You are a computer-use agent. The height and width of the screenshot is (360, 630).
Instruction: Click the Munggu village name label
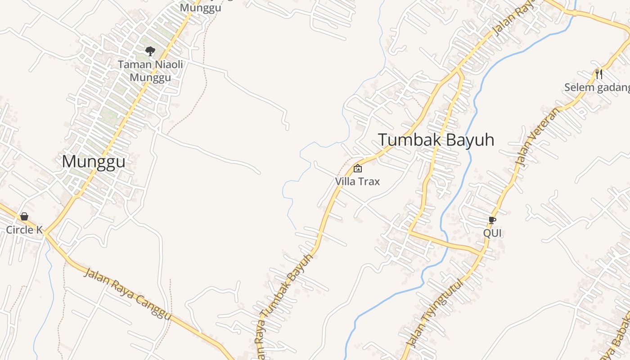coord(94,162)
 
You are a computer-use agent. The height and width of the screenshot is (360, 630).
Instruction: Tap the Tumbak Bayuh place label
coord(436,140)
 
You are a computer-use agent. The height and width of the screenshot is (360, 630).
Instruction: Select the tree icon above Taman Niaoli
coord(150,51)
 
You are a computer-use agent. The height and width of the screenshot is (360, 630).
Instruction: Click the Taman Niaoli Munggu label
coord(150,71)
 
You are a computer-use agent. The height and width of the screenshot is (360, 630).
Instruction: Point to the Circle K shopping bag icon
coord(24,216)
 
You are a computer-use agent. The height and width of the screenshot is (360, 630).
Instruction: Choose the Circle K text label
coord(24,230)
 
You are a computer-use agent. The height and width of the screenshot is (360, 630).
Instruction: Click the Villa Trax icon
coord(358,169)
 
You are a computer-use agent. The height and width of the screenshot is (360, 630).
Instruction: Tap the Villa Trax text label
coord(357,181)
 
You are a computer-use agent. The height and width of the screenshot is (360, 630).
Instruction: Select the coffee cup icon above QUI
coord(492,220)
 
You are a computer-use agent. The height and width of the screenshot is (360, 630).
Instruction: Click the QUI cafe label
coord(492,233)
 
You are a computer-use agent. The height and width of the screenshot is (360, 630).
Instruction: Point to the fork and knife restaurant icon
coord(598,73)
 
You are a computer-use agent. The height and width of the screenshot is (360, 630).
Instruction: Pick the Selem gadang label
coord(597,87)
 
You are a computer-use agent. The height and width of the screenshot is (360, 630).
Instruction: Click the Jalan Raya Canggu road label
coord(128,295)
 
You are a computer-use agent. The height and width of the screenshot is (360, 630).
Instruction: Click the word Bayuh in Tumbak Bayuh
coord(469,140)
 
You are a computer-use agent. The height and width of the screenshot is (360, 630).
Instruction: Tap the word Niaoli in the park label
coord(169,64)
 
